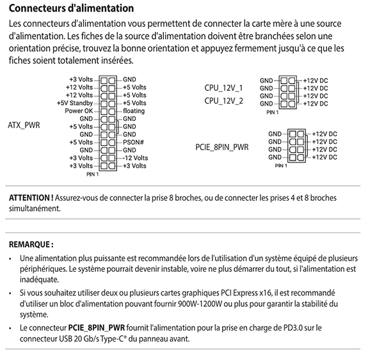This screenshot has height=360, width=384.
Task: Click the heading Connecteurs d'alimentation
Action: tap(72, 9)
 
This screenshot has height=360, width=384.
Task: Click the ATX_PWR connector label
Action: tap(24, 125)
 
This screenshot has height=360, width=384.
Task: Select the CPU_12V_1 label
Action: tap(223, 87)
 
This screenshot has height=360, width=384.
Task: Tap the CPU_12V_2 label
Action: tap(223, 100)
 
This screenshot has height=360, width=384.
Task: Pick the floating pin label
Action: tap(134, 111)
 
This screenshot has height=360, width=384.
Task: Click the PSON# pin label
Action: tap(133, 142)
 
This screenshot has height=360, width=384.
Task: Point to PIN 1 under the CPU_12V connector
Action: tap(273, 111)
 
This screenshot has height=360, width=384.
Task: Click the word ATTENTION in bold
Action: tap(30, 198)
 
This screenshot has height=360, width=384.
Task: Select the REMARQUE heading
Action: tap(31, 244)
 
